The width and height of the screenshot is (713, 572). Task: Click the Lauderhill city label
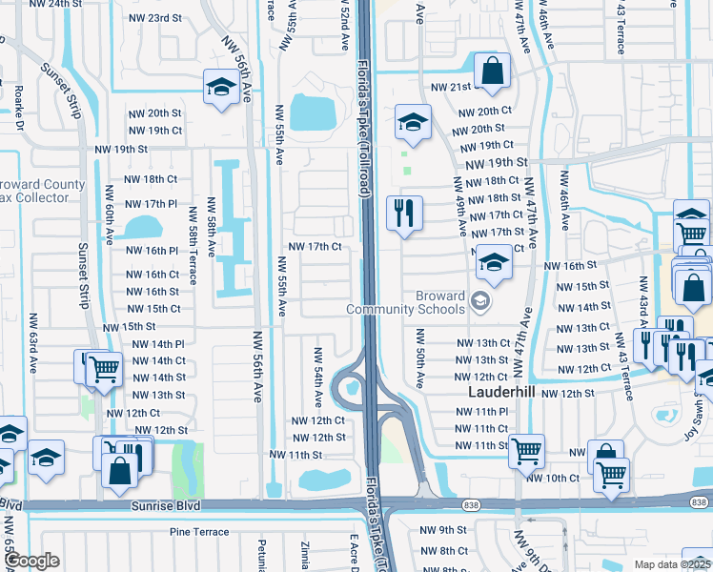pos(501,392)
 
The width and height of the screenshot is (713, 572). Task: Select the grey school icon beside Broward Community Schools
pos(481,302)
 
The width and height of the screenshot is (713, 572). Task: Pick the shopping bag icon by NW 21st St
pos(492,71)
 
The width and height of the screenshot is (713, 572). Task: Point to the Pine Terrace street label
pos(199,532)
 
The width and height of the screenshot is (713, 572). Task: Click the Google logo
pos(32,561)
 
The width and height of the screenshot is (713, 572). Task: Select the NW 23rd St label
pos(155,18)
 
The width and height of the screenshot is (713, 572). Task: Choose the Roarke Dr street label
pos(19,107)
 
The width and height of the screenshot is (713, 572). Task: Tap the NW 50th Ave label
pos(418,357)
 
